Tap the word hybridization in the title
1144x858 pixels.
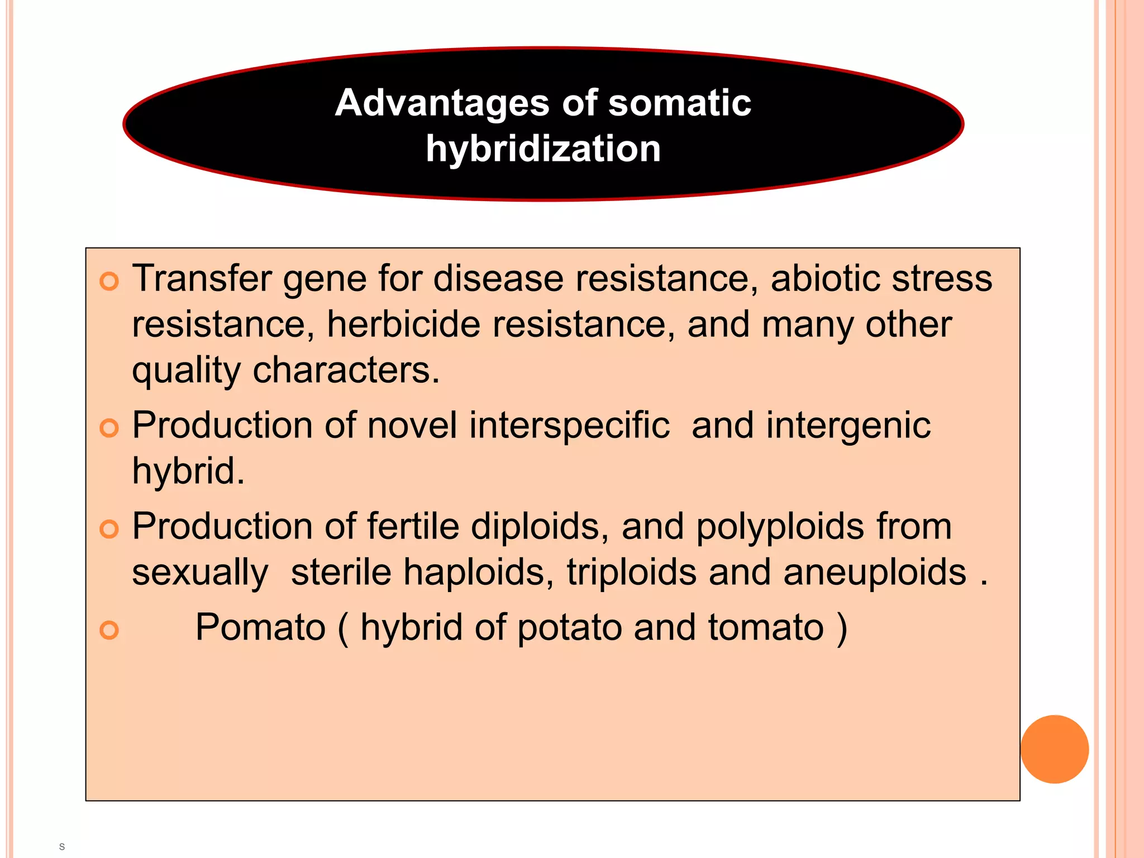pos(543,149)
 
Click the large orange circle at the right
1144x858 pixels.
pos(1054,749)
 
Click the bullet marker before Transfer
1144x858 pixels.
pos(109,281)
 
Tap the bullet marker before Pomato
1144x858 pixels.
pos(109,630)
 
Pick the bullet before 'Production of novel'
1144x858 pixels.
pos(109,428)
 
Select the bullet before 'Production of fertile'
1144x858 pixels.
pos(109,529)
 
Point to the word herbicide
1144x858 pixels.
pos(403,324)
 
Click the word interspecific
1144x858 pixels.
pos(569,425)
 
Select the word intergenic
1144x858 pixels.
pos(848,426)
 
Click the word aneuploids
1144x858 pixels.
pos(874,573)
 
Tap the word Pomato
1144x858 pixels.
pos(260,627)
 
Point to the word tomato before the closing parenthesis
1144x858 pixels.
pos(766,627)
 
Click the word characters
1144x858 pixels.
pos(346,370)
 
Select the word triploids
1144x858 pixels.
pos(632,573)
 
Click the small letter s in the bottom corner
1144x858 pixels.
pos(62,847)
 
